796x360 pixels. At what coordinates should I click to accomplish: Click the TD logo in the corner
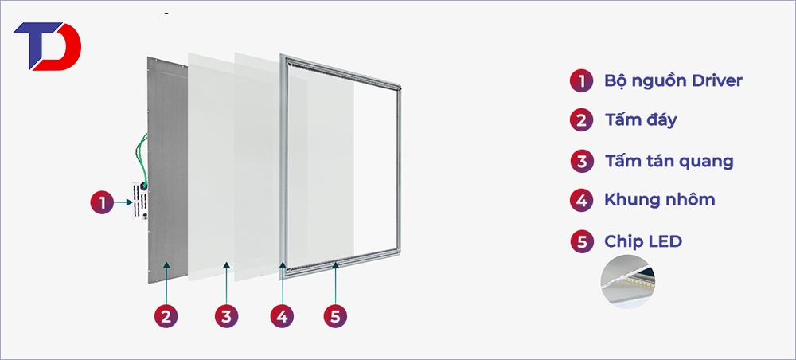[x=47, y=47]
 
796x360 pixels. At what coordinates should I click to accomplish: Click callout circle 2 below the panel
[x=166, y=315]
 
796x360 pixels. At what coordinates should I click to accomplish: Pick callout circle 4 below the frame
[x=281, y=315]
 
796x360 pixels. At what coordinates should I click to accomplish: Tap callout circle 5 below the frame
[x=336, y=315]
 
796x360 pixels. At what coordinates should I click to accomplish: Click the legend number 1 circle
[x=582, y=81]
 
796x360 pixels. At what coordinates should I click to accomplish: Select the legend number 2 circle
[x=582, y=121]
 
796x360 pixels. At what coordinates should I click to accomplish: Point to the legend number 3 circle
[x=582, y=161]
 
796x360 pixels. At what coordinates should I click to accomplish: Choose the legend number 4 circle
[x=582, y=200]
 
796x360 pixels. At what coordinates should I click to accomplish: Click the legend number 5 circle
[x=582, y=241]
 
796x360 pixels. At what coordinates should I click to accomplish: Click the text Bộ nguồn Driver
[x=673, y=81]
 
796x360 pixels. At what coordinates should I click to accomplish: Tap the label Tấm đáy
[x=641, y=121]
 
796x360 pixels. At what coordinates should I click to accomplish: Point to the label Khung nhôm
[x=659, y=200]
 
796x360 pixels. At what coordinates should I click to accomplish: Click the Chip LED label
[x=643, y=241]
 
